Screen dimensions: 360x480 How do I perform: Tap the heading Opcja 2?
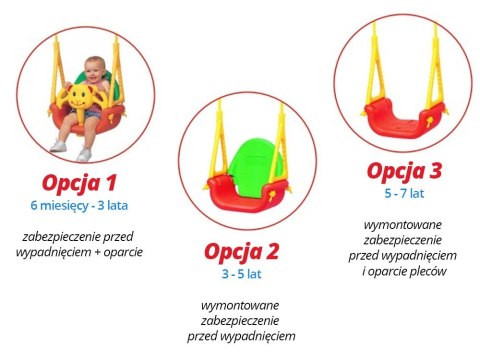(x=244, y=249)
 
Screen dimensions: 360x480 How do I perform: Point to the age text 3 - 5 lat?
(x=243, y=271)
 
